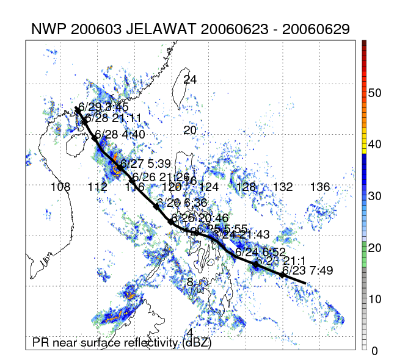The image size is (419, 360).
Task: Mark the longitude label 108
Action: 60,187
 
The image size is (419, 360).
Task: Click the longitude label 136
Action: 320,187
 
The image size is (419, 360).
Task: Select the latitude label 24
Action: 190,80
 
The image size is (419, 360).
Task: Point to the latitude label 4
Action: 190,333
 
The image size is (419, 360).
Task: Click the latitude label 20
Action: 190,131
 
